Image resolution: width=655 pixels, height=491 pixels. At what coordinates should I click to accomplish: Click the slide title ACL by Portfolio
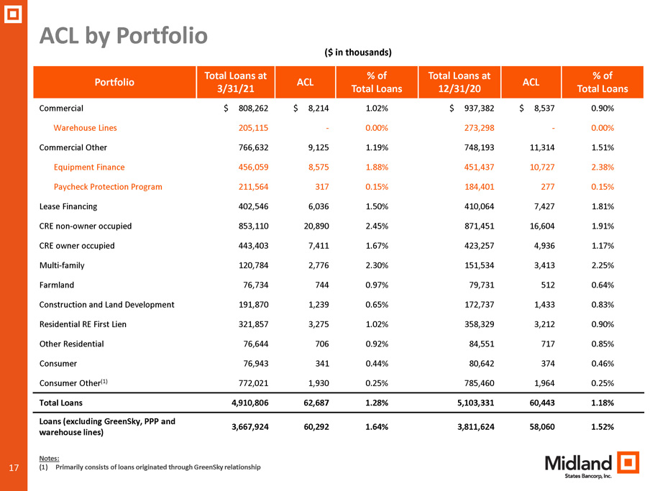click(123, 35)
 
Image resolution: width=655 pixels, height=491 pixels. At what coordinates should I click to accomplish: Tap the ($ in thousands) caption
click(358, 52)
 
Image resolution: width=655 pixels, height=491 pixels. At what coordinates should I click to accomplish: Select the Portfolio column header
click(114, 82)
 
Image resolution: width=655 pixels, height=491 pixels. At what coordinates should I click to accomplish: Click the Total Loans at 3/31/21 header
click(236, 82)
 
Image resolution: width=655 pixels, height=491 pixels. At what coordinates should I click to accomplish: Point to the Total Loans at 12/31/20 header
click(459, 82)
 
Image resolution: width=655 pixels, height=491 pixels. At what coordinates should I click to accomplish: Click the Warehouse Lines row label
click(86, 128)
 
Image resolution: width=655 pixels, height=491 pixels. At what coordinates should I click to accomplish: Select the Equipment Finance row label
click(89, 167)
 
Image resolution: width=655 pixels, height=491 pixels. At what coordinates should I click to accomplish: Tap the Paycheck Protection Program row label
click(108, 187)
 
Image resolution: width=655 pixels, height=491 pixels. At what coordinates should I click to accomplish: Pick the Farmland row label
click(56, 285)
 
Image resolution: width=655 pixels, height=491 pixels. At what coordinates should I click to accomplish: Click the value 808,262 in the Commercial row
click(253, 108)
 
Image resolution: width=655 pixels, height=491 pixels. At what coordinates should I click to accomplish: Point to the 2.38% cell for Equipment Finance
click(603, 167)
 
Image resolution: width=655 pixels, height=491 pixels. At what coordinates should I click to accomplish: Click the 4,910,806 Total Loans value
click(249, 403)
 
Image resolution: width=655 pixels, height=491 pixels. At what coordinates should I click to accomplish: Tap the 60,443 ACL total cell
click(542, 403)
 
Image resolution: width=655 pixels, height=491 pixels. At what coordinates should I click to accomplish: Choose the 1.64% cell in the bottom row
click(377, 427)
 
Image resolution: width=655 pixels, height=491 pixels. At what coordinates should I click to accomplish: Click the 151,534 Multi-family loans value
click(479, 265)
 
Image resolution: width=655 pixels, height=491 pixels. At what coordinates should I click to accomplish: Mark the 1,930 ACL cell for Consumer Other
click(319, 383)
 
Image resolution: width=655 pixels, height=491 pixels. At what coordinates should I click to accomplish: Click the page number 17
click(14, 467)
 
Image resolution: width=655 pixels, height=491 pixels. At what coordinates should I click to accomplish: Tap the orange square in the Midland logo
click(628, 462)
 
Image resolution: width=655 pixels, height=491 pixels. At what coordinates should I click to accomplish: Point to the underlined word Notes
click(49, 459)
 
